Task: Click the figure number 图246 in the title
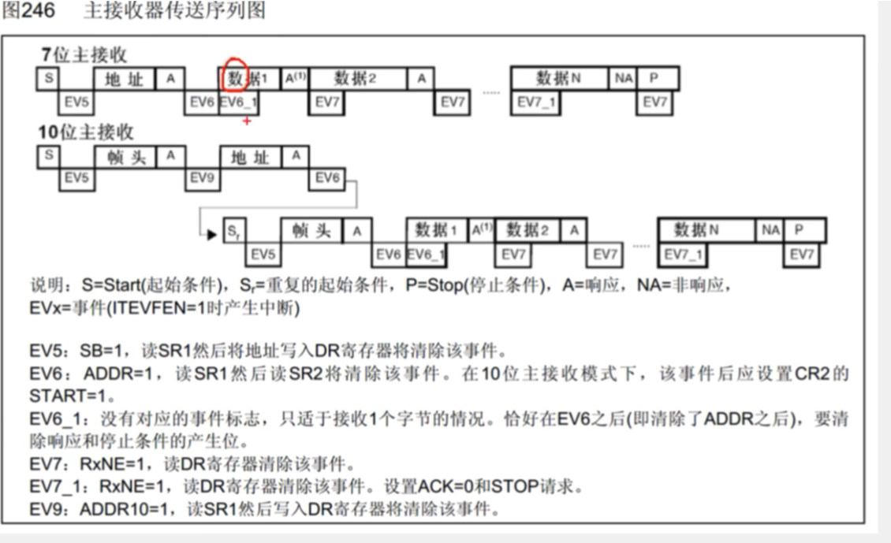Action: pos(27,11)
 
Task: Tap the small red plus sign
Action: pos(247,121)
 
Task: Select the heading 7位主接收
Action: pos(84,55)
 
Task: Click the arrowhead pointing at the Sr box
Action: pos(211,234)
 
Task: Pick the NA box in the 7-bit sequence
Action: pos(623,79)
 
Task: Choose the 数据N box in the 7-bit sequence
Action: pos(558,79)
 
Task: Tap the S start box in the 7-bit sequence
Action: pos(48,79)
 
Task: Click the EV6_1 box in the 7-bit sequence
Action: pos(238,103)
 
